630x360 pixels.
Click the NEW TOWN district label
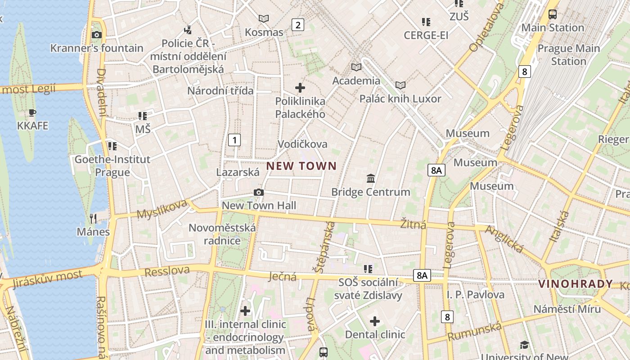(x=301, y=166)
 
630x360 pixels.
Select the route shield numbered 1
(x=234, y=140)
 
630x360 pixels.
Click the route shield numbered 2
(x=297, y=25)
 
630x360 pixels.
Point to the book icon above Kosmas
(x=264, y=18)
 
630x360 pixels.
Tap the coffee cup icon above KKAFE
(x=32, y=112)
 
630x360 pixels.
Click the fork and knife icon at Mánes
(x=93, y=219)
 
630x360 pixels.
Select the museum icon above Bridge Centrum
(x=371, y=178)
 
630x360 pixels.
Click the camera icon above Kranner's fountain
(x=96, y=35)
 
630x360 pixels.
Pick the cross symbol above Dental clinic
(x=375, y=321)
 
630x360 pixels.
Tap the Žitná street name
(x=413, y=224)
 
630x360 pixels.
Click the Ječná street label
(x=283, y=276)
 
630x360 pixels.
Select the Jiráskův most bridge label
(x=48, y=279)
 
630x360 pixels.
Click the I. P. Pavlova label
(x=476, y=295)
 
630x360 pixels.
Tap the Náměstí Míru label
(x=567, y=309)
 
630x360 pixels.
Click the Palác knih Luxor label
(x=400, y=99)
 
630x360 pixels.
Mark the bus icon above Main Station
(x=553, y=14)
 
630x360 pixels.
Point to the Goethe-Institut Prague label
(x=112, y=166)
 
